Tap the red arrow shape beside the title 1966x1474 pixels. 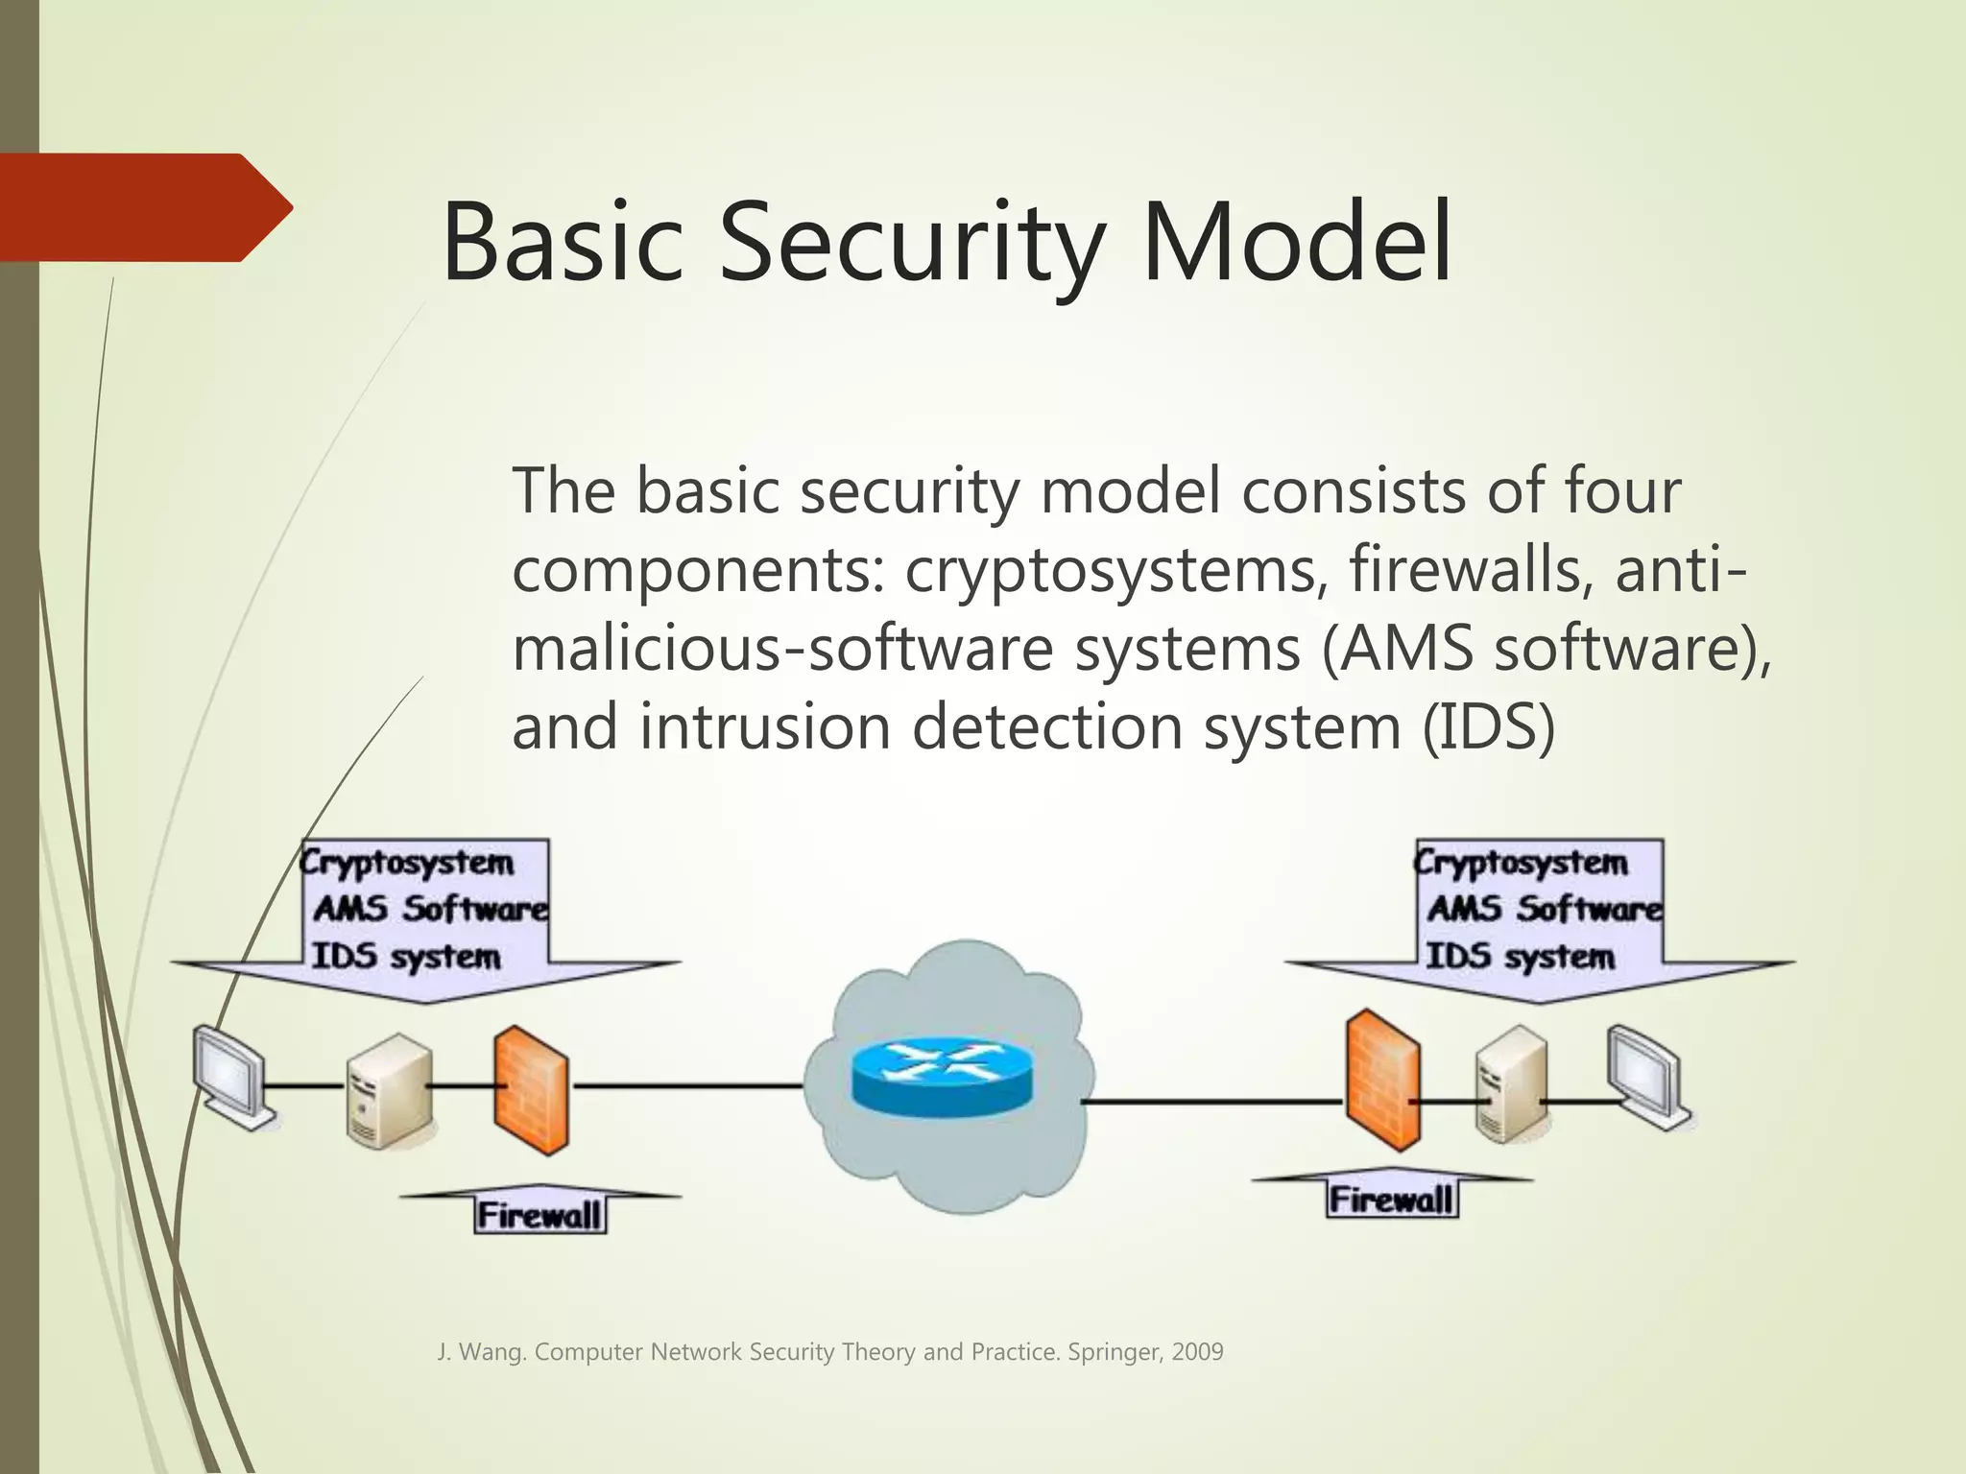[x=144, y=207]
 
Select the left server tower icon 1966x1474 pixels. [x=388, y=1092]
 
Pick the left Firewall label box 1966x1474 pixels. [x=540, y=1216]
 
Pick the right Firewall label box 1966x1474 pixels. [x=1392, y=1200]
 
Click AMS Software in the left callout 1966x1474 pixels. [x=430, y=908]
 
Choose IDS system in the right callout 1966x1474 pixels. [x=1520, y=956]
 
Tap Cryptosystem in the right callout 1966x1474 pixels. [x=1522, y=862]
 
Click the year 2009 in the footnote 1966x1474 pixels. [x=1197, y=1352]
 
